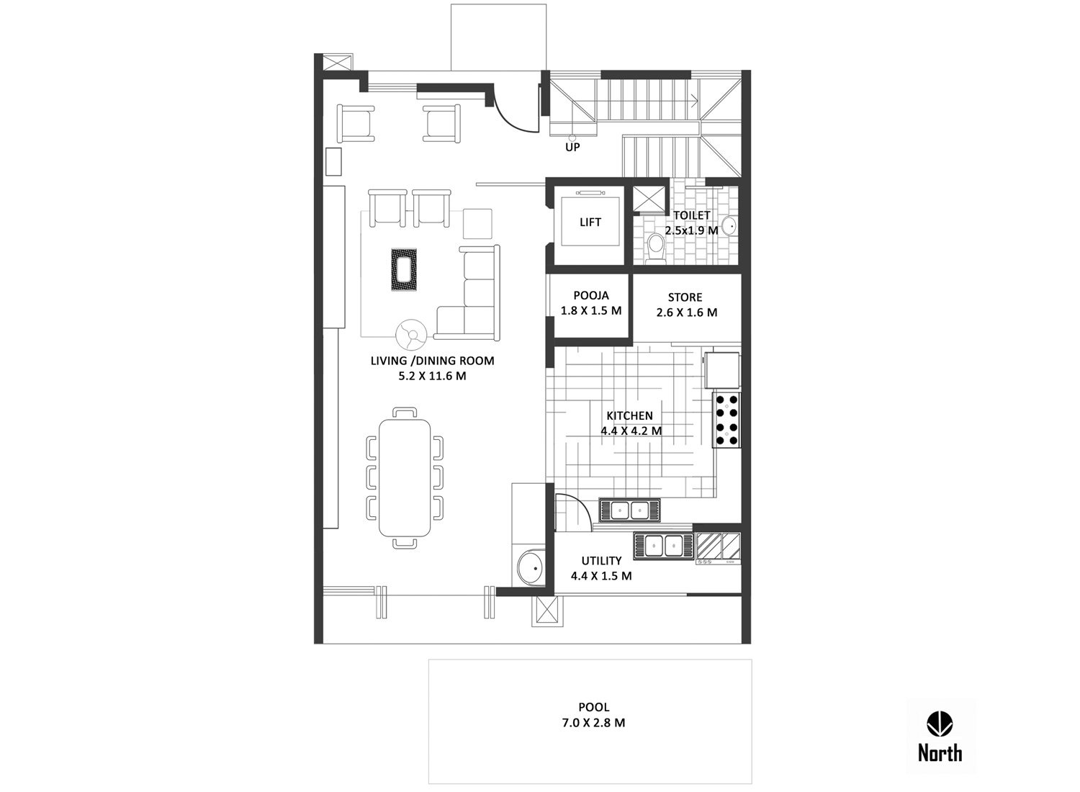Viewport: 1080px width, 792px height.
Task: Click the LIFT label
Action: click(x=590, y=222)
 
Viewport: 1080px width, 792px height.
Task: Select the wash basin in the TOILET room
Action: click(x=730, y=225)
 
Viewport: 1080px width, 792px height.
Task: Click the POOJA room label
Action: click(x=591, y=295)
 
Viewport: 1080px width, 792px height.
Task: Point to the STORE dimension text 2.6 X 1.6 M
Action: click(x=687, y=312)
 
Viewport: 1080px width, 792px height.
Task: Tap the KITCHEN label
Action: click(x=630, y=415)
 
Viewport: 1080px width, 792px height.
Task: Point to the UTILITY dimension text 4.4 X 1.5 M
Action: click(x=601, y=575)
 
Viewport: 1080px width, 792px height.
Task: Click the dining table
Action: click(x=405, y=477)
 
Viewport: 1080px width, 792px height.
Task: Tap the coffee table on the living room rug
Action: click(x=404, y=269)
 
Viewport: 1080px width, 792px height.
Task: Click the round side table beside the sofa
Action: click(x=411, y=333)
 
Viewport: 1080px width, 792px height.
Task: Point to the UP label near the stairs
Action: click(x=572, y=148)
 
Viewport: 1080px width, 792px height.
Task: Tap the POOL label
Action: click(x=594, y=707)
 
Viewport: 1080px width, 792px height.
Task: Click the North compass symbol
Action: click(x=940, y=724)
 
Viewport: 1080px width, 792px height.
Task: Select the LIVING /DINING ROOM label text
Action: click(x=433, y=361)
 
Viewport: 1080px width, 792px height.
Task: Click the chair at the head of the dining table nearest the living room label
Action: click(x=405, y=412)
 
